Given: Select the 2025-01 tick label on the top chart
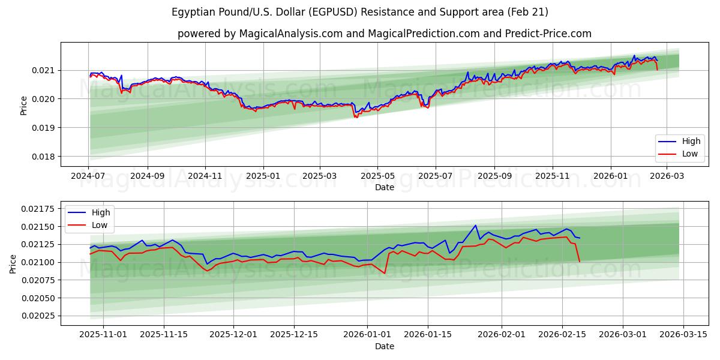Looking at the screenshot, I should pos(263,176).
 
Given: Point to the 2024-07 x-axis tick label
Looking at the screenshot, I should pos(89,176).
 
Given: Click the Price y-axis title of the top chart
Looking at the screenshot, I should pos(24,105).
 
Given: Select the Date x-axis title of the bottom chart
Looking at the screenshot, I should pos(385,346).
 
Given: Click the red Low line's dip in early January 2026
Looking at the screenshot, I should pos(385,274).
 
